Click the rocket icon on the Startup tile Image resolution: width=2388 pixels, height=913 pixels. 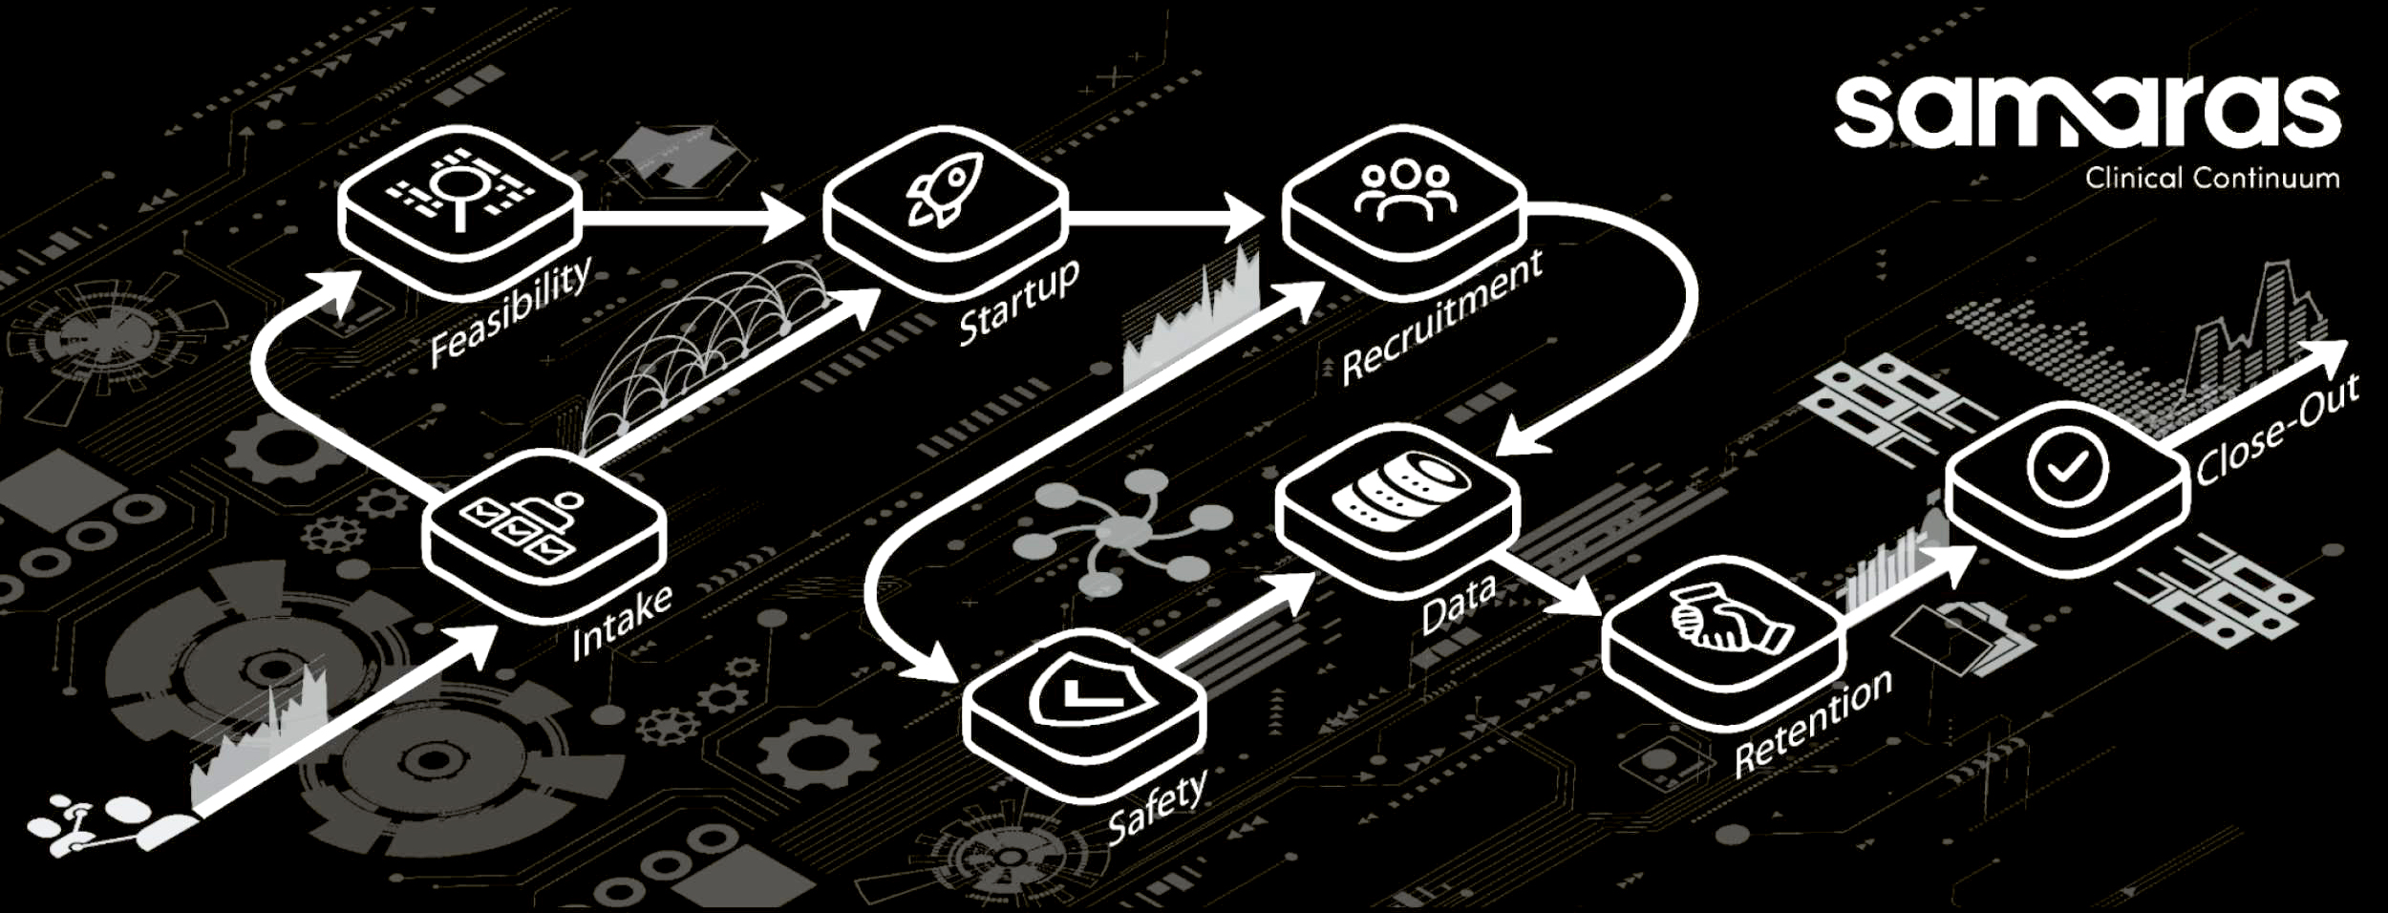pyautogui.click(x=944, y=189)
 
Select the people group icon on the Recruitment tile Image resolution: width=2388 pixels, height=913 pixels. pyautogui.click(x=1405, y=189)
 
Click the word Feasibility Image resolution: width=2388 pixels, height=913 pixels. pyautogui.click(x=510, y=311)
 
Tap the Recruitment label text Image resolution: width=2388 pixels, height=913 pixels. pyautogui.click(x=1442, y=316)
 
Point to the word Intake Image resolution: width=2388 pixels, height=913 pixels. pyautogui.click(x=622, y=622)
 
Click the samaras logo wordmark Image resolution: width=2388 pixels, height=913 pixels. pyautogui.click(x=2086, y=113)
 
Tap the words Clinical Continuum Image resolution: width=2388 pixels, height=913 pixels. pyautogui.click(x=2211, y=179)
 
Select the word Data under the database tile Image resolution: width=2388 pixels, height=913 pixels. pyautogui.click(x=1458, y=604)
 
